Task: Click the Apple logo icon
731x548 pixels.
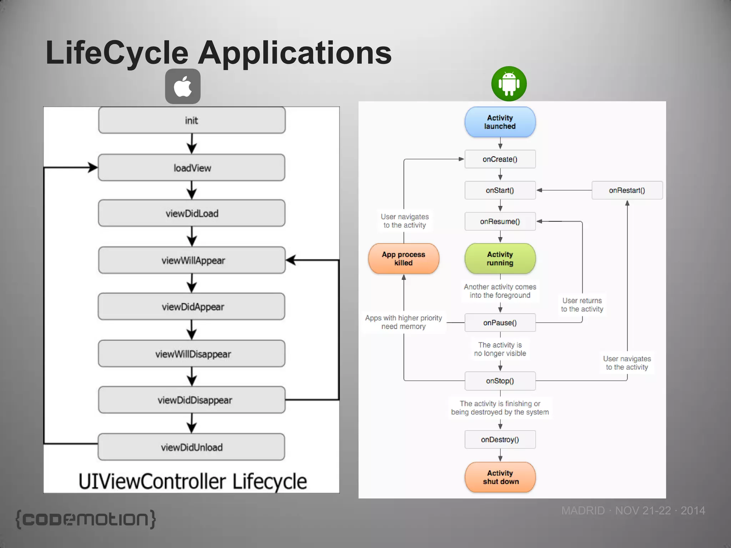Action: [x=183, y=86]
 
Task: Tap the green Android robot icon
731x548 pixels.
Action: [x=509, y=84]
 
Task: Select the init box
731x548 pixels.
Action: [x=192, y=121]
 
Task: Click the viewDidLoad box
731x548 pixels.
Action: [x=192, y=213]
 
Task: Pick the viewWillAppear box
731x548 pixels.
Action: [x=192, y=260]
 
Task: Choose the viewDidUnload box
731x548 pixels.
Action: [x=192, y=447]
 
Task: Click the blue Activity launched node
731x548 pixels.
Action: [x=500, y=122]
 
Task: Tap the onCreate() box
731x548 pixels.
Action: [x=500, y=159]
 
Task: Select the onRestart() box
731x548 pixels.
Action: [x=627, y=190]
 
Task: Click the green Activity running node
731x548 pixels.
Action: [x=500, y=259]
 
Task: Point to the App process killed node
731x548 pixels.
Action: [x=403, y=259]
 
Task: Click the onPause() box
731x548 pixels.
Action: [x=500, y=323]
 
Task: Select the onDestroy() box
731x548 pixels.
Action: [x=500, y=440]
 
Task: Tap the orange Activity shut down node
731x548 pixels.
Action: [x=500, y=477]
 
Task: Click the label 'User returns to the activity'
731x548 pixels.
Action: [x=582, y=305]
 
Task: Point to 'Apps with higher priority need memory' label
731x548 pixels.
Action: [x=403, y=322]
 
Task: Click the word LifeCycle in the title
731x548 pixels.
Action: [x=117, y=53]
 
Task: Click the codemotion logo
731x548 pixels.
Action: [x=86, y=519]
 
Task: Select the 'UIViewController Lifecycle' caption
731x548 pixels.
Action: [x=192, y=481]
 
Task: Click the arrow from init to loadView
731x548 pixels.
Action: [x=192, y=143]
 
